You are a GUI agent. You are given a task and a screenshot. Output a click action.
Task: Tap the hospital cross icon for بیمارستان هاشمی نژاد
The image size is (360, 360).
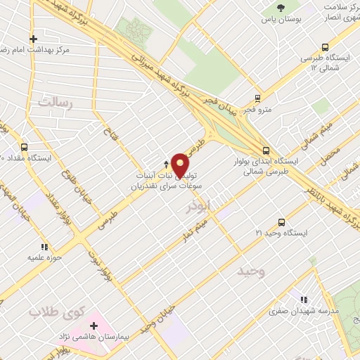coord(94,326)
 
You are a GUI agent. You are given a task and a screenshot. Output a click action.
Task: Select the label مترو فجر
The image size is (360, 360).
coord(258,110)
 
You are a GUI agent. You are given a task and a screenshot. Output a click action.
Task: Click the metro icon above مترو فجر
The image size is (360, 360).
coord(258,98)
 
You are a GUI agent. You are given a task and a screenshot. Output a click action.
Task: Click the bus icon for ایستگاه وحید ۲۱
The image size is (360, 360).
coord(281,221)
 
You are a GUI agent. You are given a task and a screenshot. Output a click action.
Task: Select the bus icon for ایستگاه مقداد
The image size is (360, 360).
coord(24,148)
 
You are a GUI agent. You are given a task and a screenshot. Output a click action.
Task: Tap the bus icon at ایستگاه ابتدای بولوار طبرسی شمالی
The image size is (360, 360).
coord(266,150)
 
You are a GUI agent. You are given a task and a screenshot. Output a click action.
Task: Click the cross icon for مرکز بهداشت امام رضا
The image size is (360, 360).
coord(33,39)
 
